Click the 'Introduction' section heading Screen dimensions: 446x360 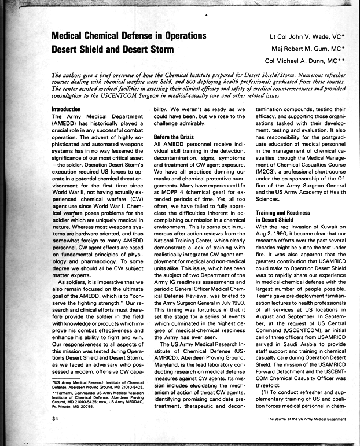67,109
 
